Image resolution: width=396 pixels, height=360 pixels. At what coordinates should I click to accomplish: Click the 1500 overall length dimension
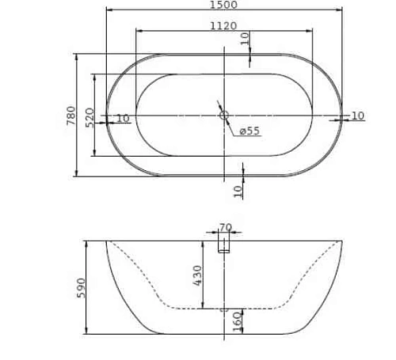pyautogui.click(x=223, y=5)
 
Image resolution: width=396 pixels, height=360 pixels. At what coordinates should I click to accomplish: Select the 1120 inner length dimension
pyautogui.click(x=223, y=25)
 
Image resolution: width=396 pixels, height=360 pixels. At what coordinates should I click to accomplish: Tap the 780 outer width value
pyautogui.click(x=71, y=116)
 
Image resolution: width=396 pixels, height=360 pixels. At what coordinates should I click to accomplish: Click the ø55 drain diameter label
pyautogui.click(x=249, y=131)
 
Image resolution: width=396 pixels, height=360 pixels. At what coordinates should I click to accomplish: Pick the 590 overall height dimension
pyautogui.click(x=81, y=287)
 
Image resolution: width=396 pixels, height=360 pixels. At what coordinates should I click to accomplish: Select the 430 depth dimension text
pyautogui.click(x=198, y=275)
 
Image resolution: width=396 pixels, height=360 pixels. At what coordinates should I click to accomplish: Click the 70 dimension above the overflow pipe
pyautogui.click(x=225, y=228)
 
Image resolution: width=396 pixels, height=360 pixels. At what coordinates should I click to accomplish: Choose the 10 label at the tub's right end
pyautogui.click(x=357, y=116)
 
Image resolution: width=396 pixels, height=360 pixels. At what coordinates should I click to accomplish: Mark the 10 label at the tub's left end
pyautogui.click(x=123, y=119)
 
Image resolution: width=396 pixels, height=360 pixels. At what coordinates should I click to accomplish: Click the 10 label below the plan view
pyautogui.click(x=238, y=190)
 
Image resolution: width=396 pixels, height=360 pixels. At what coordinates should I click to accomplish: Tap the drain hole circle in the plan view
pyautogui.click(x=223, y=116)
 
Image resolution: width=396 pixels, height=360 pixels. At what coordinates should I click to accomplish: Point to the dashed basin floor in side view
pyautogui.click(x=223, y=308)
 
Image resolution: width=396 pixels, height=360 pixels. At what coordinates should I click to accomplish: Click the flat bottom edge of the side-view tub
pyautogui.click(x=223, y=333)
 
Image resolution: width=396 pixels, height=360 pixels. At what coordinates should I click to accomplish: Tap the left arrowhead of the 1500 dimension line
pyautogui.click(x=109, y=10)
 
